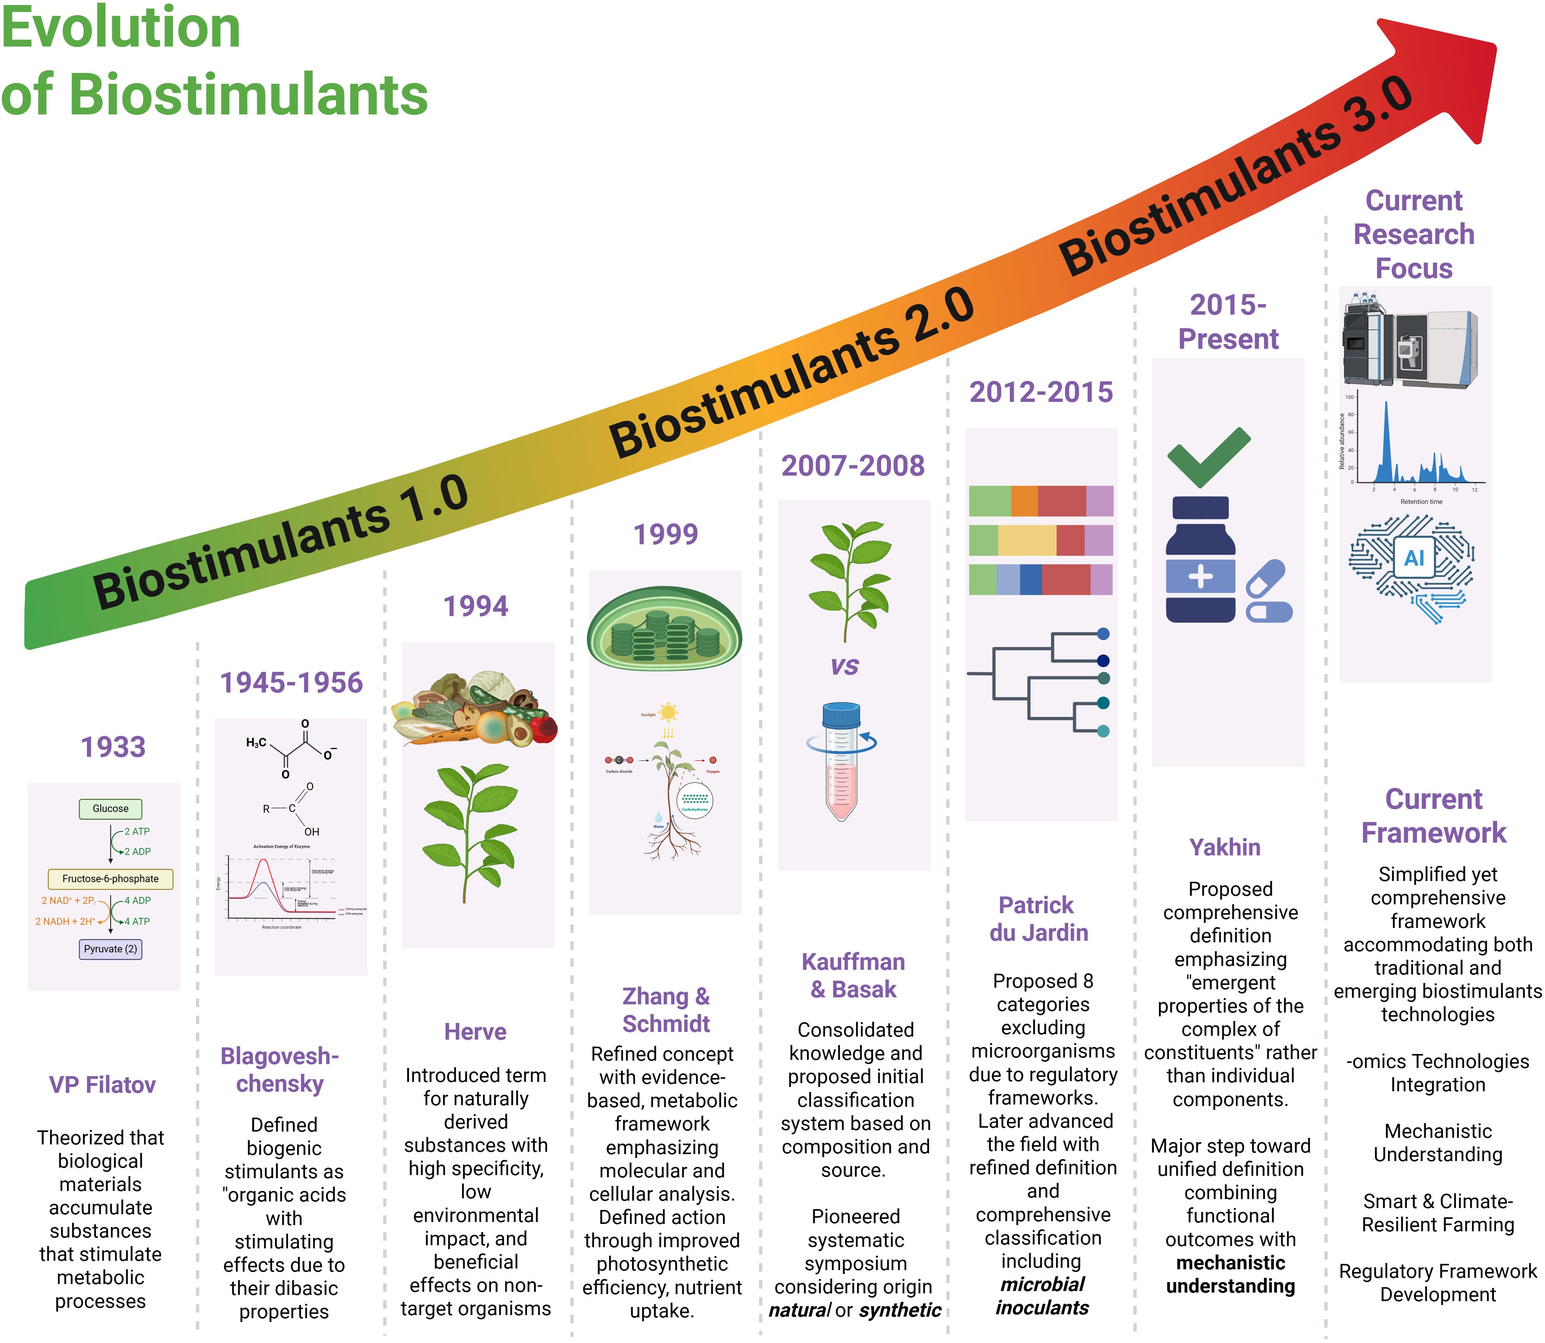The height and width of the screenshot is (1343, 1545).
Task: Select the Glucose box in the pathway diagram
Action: pyautogui.click(x=110, y=809)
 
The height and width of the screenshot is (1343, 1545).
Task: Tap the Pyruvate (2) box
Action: pyautogui.click(x=110, y=949)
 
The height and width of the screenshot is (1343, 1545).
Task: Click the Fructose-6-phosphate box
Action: pyautogui.click(x=110, y=878)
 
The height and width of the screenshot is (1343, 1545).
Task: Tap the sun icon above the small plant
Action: pyautogui.click(x=668, y=712)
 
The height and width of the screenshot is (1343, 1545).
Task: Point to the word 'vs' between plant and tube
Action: pyautogui.click(x=845, y=666)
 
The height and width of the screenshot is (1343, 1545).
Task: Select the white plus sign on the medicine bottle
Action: pyautogui.click(x=1200, y=576)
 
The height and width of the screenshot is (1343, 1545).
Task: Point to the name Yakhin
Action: pyautogui.click(x=1225, y=847)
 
